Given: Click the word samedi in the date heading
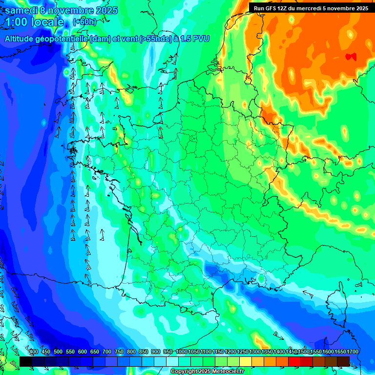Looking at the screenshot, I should (21, 10).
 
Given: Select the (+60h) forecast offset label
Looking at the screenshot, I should (84, 21).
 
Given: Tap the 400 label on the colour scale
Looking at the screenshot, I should (33, 352).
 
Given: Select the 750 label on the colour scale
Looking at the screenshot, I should (119, 352).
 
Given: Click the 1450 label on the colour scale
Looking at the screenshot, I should (292, 352).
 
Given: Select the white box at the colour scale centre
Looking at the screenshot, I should (172, 361).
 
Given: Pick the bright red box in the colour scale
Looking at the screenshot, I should (294, 361).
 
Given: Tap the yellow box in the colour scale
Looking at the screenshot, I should (246, 361).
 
